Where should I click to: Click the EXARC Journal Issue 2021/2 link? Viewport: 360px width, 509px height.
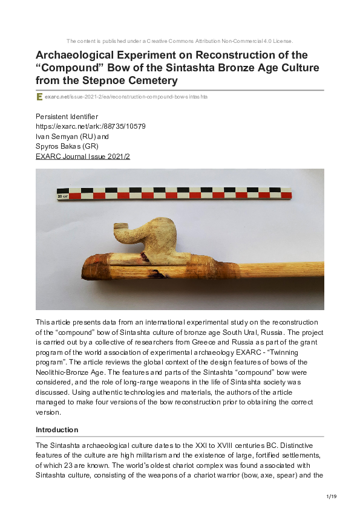coord(83,156)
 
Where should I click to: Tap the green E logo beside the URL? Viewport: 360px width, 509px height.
coord(39,97)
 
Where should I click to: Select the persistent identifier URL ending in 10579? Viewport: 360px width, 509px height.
coord(91,126)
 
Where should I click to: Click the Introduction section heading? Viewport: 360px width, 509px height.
coord(57,430)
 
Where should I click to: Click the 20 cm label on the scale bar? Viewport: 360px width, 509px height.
coord(62,196)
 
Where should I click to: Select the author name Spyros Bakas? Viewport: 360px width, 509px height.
coord(58,146)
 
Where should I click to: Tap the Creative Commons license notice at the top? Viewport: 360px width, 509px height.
coord(180,41)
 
